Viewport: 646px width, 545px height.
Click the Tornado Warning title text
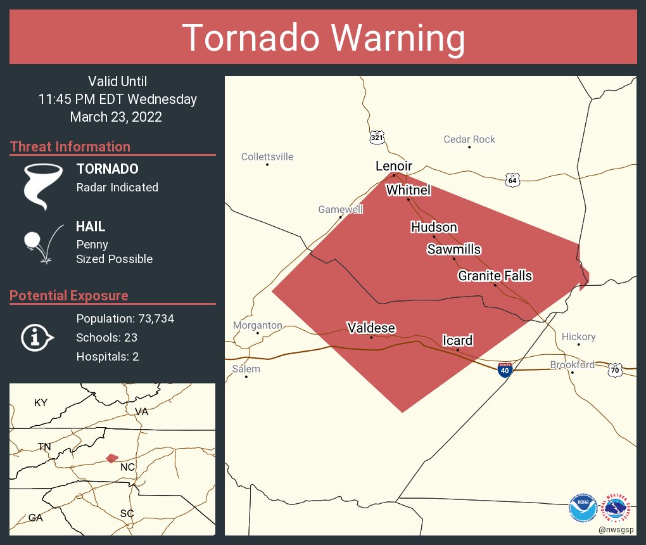point(323,38)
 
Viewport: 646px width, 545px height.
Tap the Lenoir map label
point(393,166)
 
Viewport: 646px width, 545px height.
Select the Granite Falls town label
point(495,276)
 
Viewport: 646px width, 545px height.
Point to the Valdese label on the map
point(370,328)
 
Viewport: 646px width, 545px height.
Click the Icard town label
point(457,340)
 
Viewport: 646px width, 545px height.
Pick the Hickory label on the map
point(578,337)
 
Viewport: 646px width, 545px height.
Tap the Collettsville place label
point(267,157)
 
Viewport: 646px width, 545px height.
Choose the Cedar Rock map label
point(469,139)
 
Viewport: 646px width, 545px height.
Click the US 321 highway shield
point(377,138)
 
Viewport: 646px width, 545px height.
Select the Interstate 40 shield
point(504,370)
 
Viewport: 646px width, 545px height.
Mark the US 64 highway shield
point(512,180)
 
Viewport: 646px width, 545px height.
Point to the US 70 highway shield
point(615,369)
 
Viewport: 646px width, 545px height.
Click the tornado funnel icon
point(43,186)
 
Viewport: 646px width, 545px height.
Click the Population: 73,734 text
point(125,318)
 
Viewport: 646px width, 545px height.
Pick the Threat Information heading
point(70,146)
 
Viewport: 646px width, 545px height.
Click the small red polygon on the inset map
point(112,458)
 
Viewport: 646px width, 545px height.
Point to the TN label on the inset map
point(44,447)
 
